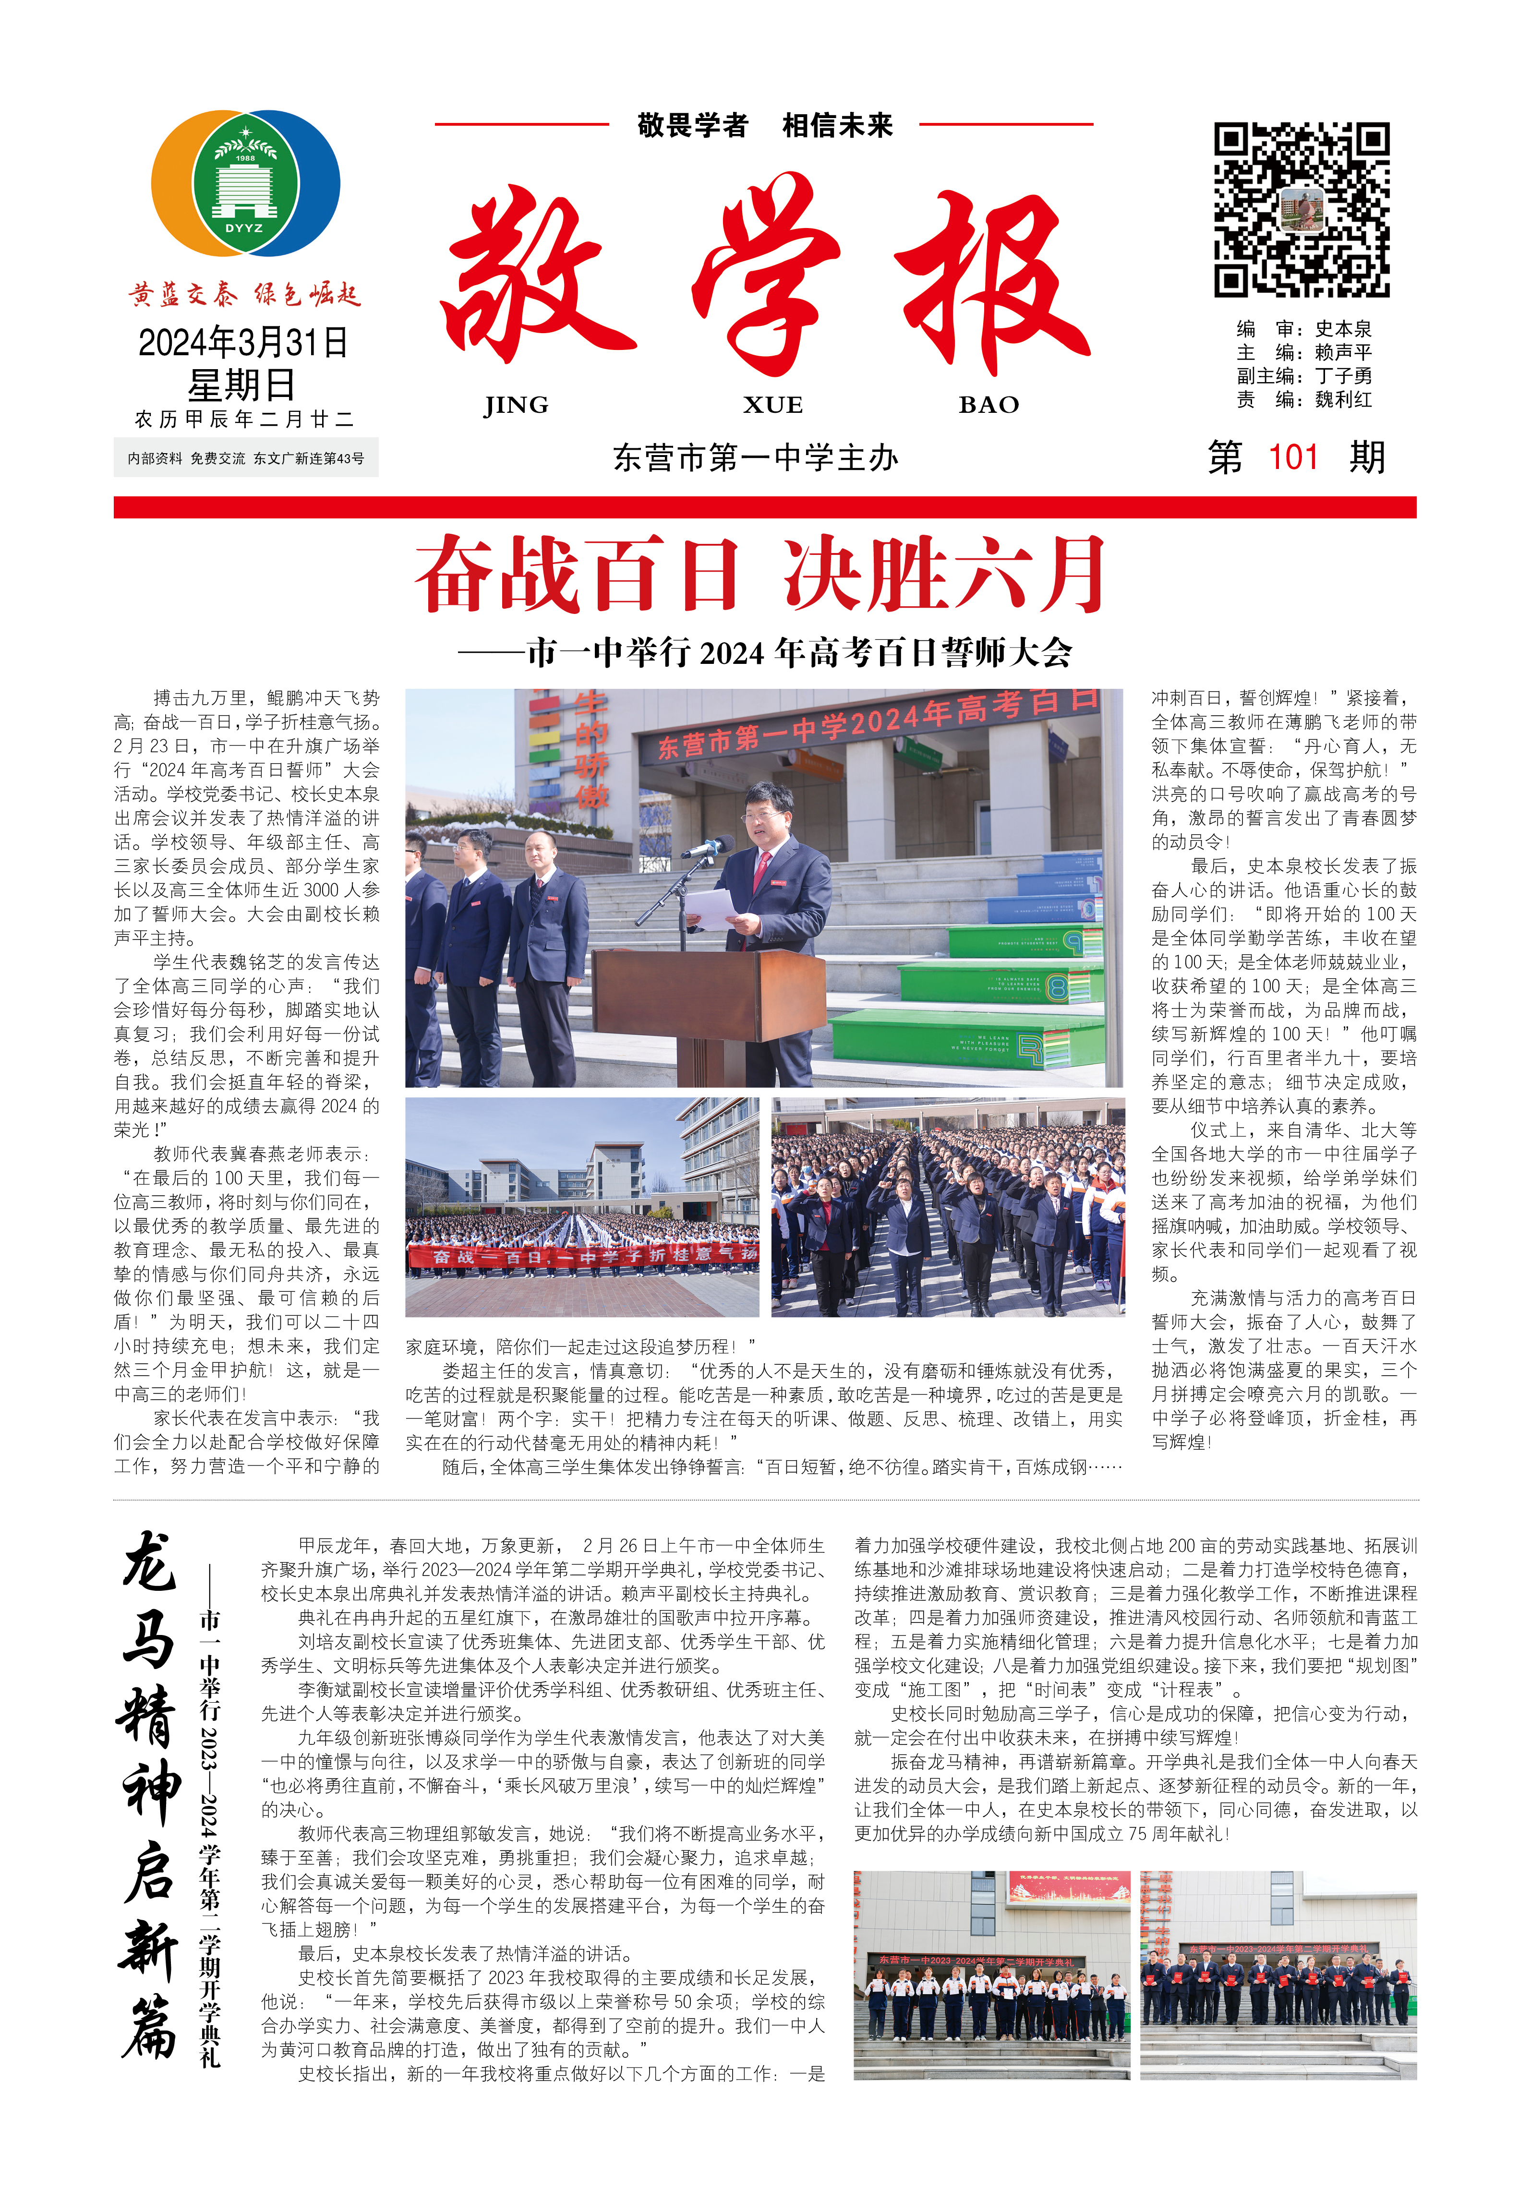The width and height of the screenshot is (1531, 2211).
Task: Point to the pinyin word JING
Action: [x=516, y=405]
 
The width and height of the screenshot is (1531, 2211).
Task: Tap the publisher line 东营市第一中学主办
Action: [x=756, y=457]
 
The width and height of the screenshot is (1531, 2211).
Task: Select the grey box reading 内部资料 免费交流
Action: [x=246, y=458]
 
